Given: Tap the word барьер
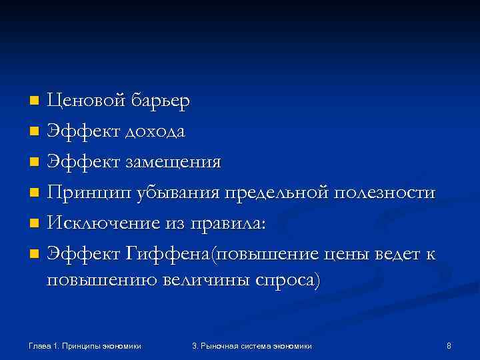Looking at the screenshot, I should point(160,102).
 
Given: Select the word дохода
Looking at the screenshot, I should point(153,132).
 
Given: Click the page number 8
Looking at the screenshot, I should point(449,345).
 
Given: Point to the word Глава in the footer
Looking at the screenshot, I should point(41,345).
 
